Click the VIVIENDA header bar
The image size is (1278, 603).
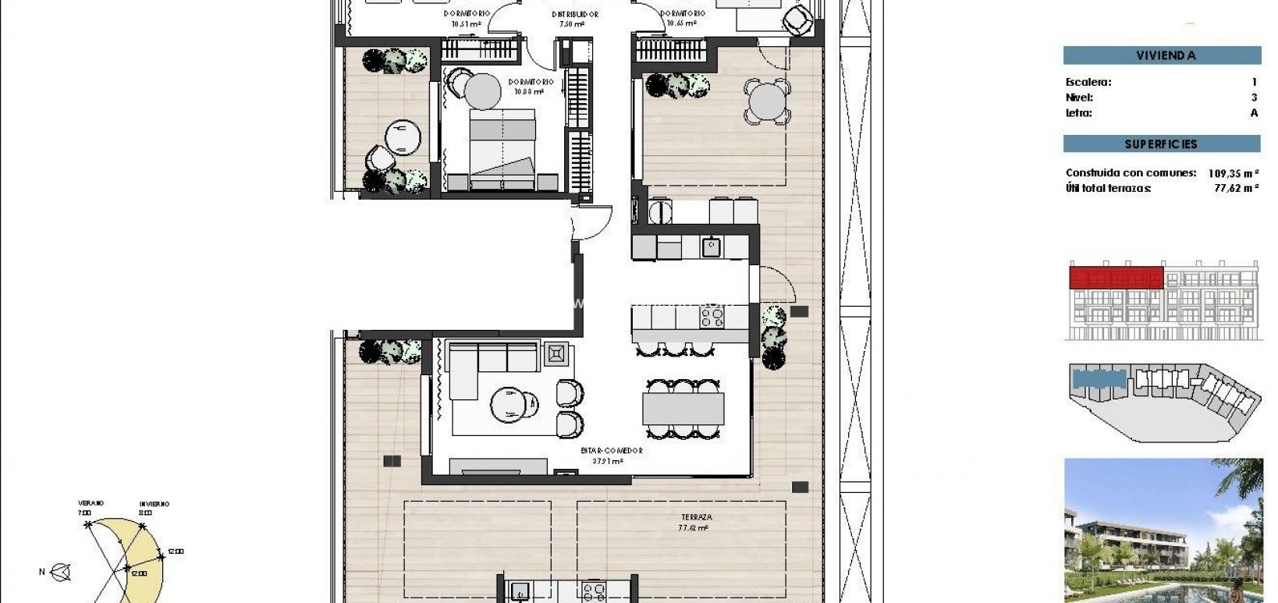[x=1162, y=55]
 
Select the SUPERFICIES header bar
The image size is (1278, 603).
[x=1161, y=144]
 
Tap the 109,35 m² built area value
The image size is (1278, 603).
[x=1233, y=173]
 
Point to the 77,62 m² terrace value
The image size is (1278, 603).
[x=1236, y=188]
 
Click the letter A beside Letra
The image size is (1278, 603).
[x=1254, y=113]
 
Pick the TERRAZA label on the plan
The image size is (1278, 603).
[x=696, y=517]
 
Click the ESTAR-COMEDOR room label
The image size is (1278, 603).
[x=611, y=451]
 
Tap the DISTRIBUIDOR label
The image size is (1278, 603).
[x=574, y=14]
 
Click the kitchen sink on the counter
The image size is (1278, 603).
[x=711, y=247]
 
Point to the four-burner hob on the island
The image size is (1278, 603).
[x=712, y=317]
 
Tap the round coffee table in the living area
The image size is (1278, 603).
[x=509, y=404]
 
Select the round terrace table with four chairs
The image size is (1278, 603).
[x=767, y=101]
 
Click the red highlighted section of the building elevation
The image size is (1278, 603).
[x=1116, y=277]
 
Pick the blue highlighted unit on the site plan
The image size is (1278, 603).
[x=1099, y=380]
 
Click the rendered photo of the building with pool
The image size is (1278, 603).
[x=1163, y=530]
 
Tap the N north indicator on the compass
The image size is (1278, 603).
[x=42, y=572]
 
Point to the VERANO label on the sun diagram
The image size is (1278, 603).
[x=91, y=503]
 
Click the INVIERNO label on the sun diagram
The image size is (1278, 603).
[x=154, y=504]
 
